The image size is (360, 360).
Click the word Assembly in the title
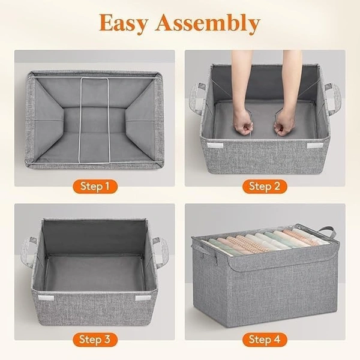tap(207, 24)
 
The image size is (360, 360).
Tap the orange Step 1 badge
tap(95, 186)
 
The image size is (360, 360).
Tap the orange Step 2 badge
tap(265, 186)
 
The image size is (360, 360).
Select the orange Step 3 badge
tap(95, 340)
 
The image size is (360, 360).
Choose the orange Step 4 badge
tap(265, 340)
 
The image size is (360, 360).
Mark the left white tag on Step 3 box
tap(44, 298)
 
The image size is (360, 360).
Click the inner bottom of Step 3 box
tap(95, 273)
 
